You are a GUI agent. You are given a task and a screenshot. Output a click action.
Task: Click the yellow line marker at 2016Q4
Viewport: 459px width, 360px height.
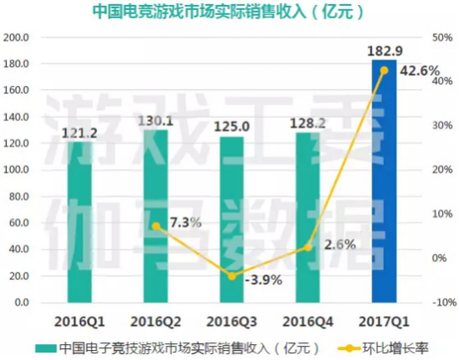pos(308,247)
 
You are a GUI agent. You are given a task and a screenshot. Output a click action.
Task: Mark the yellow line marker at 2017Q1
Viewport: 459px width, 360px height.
pos(384,70)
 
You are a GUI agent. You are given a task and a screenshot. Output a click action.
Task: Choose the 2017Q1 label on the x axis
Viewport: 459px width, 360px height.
pos(384,320)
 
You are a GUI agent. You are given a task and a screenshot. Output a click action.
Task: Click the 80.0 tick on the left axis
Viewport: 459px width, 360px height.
pos(19,197)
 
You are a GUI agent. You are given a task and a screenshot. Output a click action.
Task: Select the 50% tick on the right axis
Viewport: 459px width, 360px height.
pos(442,38)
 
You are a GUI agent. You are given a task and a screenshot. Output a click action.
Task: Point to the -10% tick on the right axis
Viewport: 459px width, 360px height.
pos(442,302)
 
